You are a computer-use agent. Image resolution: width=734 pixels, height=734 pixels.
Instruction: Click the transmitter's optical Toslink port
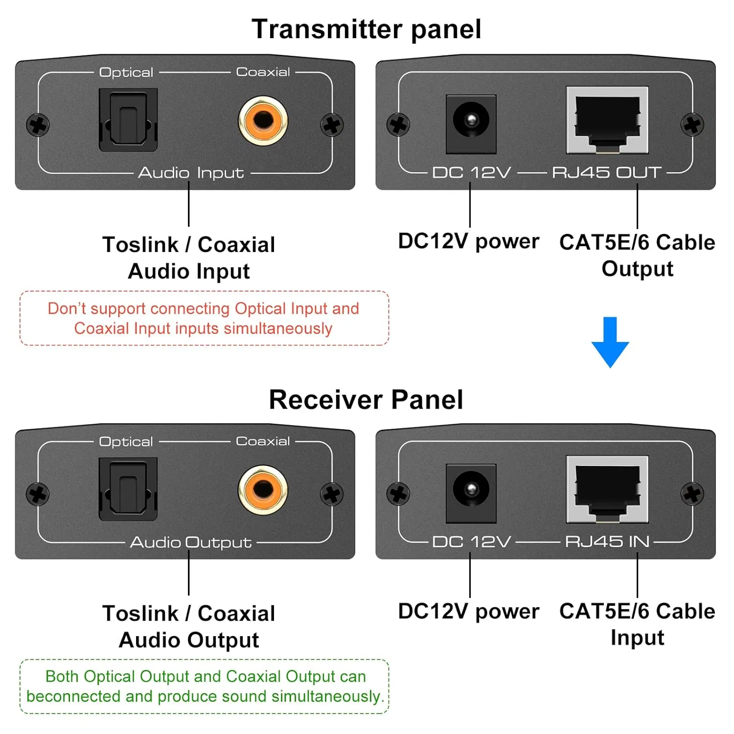tap(128, 120)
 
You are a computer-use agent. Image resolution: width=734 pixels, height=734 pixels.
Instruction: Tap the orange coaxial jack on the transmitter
tap(263, 120)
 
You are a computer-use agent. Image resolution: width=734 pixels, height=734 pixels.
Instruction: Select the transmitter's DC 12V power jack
tap(471, 123)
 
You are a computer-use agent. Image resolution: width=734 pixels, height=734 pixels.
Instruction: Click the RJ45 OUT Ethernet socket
tap(607, 120)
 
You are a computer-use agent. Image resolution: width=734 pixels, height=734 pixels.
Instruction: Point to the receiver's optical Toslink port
tap(128, 489)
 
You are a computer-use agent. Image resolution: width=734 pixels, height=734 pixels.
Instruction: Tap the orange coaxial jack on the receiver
tap(263, 490)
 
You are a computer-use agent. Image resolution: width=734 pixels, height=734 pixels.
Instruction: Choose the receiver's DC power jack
tap(471, 493)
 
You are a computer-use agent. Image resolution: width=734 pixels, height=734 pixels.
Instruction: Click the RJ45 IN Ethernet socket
tap(607, 490)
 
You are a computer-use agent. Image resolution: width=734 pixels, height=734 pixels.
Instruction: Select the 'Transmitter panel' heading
tap(367, 29)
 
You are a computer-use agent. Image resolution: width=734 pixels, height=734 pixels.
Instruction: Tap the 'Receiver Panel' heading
tap(366, 399)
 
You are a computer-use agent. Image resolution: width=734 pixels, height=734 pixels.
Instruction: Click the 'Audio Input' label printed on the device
tap(191, 173)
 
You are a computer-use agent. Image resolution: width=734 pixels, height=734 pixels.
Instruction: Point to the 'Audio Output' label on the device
tap(191, 542)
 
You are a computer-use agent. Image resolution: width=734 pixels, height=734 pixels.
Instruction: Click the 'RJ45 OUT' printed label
tap(607, 172)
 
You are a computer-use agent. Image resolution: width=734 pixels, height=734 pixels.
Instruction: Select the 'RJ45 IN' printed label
tap(607, 542)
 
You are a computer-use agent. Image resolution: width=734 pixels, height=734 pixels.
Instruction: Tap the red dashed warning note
tap(204, 318)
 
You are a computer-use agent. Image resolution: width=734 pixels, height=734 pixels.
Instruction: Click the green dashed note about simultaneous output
tap(204, 686)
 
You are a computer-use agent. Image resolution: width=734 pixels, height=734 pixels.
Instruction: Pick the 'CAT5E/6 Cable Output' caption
tap(637, 255)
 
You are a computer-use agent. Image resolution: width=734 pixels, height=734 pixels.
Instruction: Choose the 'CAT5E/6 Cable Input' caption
tap(637, 624)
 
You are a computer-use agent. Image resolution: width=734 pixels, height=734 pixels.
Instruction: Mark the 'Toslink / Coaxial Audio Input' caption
tap(189, 258)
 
